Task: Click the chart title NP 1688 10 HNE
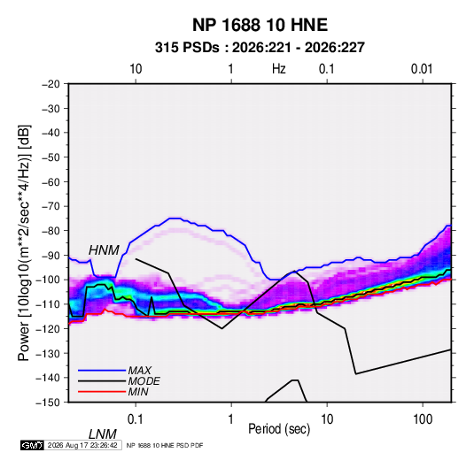click(260, 25)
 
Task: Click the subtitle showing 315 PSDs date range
click(260, 48)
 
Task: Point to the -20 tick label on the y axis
click(51, 84)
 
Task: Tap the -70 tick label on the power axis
click(51, 206)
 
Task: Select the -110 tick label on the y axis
click(49, 304)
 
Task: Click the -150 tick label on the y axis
click(49, 403)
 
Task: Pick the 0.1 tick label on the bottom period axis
click(136, 419)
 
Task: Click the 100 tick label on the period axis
click(423, 419)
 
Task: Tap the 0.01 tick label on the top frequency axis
click(422, 69)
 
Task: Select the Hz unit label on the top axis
click(279, 69)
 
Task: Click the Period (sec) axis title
click(279, 429)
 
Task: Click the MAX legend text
click(140, 371)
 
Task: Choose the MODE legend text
click(144, 381)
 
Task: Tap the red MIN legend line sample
click(102, 392)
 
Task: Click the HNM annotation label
click(104, 250)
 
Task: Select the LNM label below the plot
click(103, 434)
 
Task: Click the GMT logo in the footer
click(33, 445)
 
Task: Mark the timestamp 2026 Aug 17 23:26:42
click(82, 445)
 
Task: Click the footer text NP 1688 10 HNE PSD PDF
click(165, 445)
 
